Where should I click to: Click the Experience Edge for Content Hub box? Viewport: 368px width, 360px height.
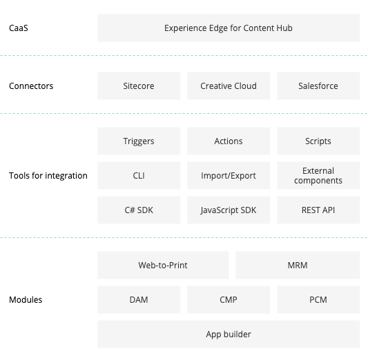tap(229, 28)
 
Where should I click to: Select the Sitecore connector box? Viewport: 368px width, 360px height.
tap(139, 86)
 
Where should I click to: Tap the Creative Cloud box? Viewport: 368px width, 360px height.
tap(229, 86)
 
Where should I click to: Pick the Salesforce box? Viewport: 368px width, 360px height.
tap(318, 86)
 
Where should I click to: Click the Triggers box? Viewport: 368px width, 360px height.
tap(139, 141)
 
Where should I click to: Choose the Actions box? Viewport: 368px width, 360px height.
tap(229, 141)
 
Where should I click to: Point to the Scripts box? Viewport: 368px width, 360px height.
tap(318, 141)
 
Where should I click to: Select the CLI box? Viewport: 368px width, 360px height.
tap(139, 176)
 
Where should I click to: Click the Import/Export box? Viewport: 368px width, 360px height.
tap(229, 176)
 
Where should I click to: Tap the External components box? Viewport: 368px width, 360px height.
tap(318, 176)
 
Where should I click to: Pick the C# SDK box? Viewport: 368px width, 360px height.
tap(139, 210)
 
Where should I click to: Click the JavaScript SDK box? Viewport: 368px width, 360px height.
tap(229, 210)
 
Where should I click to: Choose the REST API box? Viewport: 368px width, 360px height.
tap(318, 210)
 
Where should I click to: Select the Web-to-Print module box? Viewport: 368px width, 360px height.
tap(163, 265)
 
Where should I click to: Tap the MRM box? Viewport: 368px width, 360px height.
tap(298, 265)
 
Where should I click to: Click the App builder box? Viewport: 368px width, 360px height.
tap(229, 334)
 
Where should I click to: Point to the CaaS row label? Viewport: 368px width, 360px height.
tap(19, 28)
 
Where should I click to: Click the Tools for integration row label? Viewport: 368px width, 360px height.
tap(48, 176)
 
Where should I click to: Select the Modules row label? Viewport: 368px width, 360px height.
tap(26, 300)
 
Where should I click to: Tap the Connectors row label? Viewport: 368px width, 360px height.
tap(31, 86)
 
